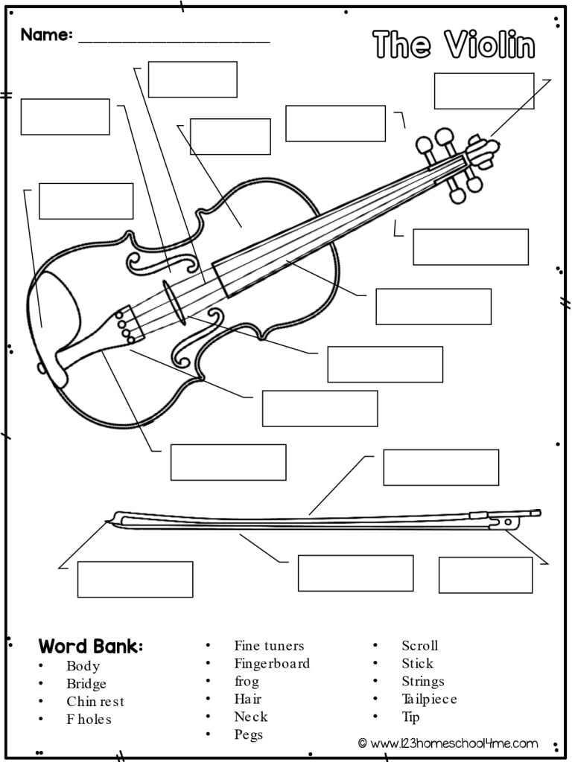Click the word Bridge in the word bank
pos(86,684)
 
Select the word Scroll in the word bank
pos(419,645)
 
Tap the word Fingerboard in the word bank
pos(272,663)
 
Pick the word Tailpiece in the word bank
pos(429,699)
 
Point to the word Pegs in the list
pos(248,734)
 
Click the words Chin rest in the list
pos(95,702)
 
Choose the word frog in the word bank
pos(247,681)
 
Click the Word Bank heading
pos(91,645)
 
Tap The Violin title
pos(454,45)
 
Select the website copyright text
pos(447,743)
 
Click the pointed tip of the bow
pos(110,522)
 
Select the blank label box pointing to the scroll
pos(483,91)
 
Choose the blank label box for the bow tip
pos(135,579)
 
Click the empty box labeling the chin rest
pos(86,201)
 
